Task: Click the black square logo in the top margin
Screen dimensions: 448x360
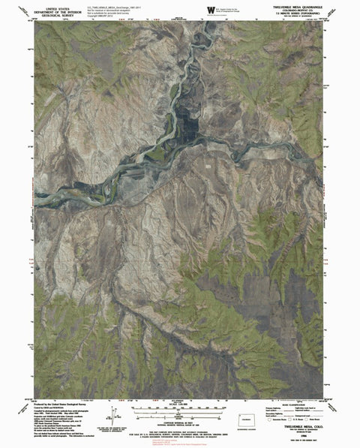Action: click(208, 8)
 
